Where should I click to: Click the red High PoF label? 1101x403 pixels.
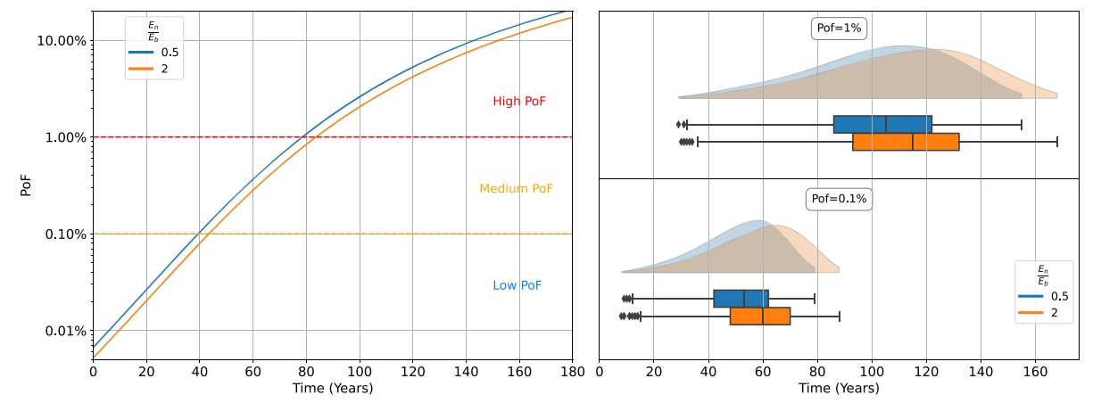[518, 102]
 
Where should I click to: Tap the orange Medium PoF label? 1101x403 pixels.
[516, 189]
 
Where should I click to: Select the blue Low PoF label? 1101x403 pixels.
[517, 285]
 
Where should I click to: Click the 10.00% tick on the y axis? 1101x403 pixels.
[61, 41]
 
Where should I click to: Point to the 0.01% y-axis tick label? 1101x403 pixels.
[63, 331]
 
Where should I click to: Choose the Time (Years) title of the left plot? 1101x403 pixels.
[332, 389]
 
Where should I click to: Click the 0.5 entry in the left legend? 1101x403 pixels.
[157, 53]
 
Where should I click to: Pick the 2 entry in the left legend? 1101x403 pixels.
[153, 68]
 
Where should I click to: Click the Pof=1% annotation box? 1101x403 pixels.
[838, 29]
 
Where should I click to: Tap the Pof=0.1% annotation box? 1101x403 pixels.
[837, 199]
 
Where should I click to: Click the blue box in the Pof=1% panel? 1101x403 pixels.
[882, 124]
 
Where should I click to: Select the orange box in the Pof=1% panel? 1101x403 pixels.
[905, 142]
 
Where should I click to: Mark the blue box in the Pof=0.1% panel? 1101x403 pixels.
[741, 299]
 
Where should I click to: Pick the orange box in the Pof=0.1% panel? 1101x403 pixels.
[759, 316]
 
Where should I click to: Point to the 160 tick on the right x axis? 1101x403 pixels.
[1035, 370]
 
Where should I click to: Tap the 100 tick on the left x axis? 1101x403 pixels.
[360, 370]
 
